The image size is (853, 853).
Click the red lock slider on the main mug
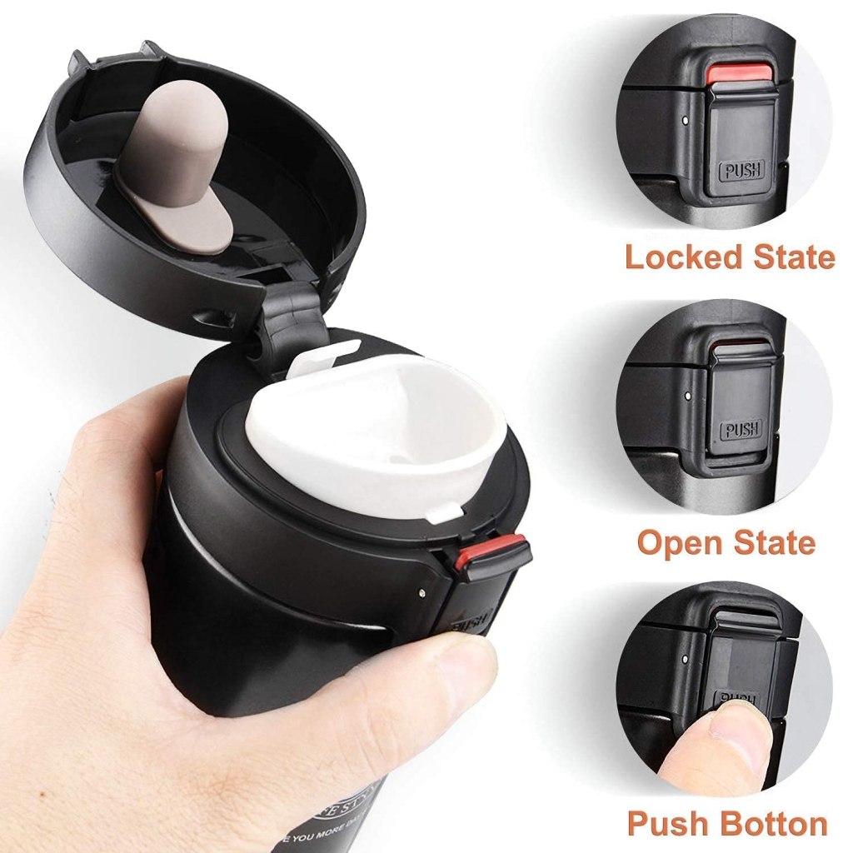(x=490, y=551)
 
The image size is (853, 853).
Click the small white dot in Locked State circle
(x=685, y=120)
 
